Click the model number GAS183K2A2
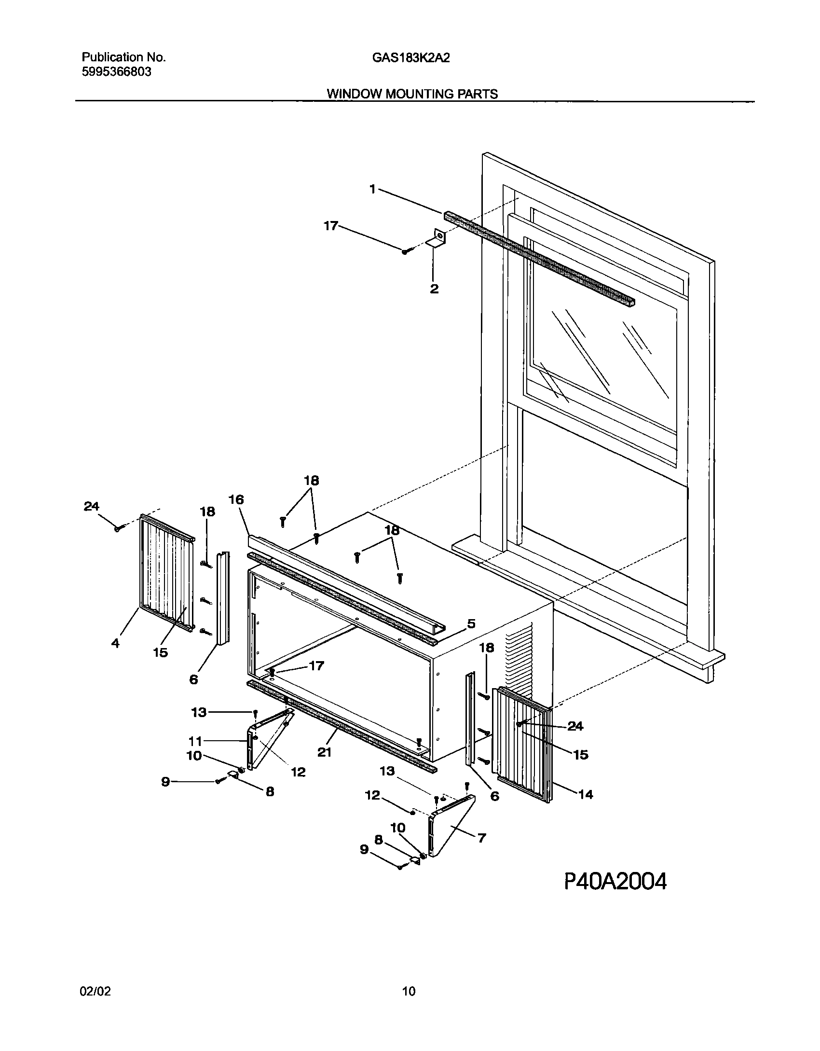[x=411, y=58]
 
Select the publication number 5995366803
[x=116, y=72]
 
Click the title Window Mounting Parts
[x=412, y=94]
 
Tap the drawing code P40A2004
[x=615, y=882]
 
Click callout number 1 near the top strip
[x=372, y=190]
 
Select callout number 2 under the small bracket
[x=434, y=289]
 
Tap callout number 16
[x=236, y=499]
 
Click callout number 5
[x=471, y=623]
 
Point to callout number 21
[x=324, y=752]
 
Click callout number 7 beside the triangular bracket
[x=481, y=838]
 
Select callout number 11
[x=195, y=741]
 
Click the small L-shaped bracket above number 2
[x=437, y=239]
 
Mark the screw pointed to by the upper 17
[x=405, y=251]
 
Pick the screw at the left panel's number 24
[x=117, y=529]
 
